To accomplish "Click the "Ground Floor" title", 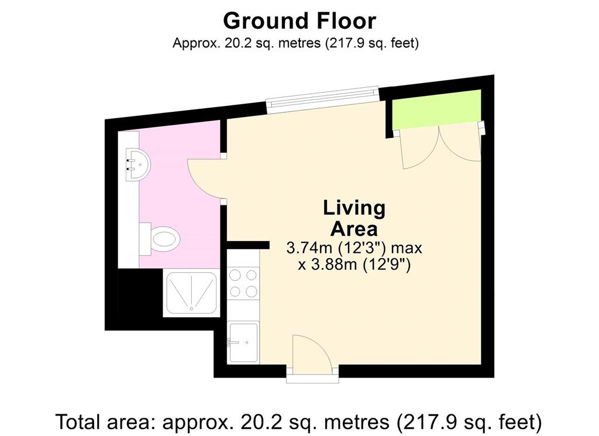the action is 299,21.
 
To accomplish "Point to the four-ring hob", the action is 243,283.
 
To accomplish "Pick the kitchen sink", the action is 243,342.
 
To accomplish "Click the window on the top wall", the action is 322,99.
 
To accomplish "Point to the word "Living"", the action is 354,209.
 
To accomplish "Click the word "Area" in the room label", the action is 354,229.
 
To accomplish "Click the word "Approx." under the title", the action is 197,43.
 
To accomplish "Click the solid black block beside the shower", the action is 140,298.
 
